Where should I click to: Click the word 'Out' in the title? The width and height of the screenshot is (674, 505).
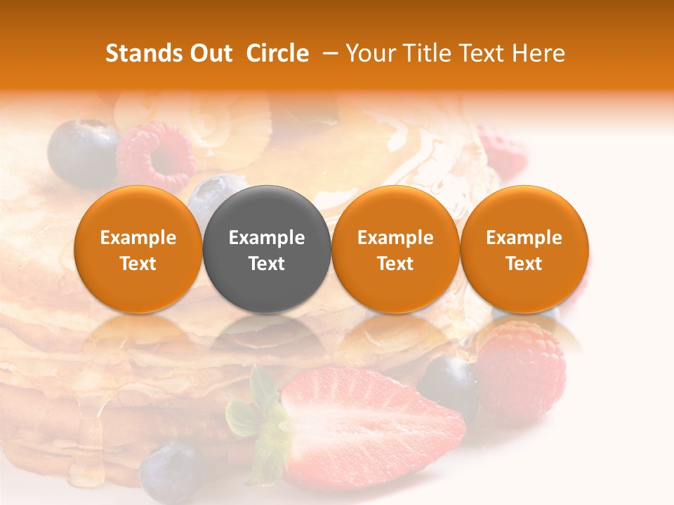(211, 53)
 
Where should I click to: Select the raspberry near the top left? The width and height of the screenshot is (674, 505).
(156, 156)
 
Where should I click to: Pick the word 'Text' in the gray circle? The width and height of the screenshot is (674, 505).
(267, 264)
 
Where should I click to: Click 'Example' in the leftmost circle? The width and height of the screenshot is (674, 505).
(138, 238)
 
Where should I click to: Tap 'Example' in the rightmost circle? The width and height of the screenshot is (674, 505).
(524, 238)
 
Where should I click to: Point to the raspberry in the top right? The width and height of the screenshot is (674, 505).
(503, 151)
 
